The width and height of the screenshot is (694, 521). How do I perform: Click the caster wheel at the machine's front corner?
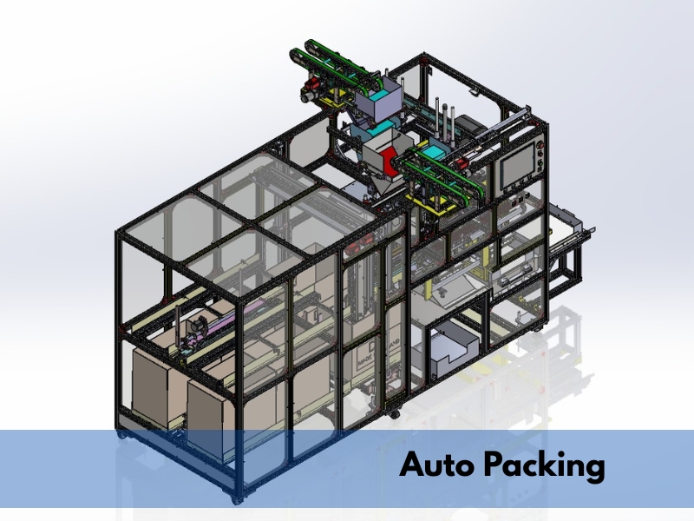(x=237, y=500)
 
